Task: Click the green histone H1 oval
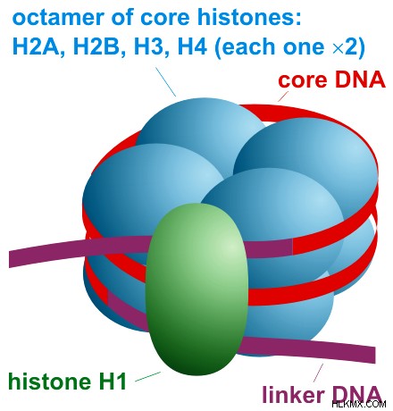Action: [x=196, y=289]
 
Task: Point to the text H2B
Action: [x=96, y=46]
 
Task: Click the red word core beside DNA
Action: [x=302, y=80]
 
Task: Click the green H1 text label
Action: [x=112, y=381]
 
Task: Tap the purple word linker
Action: [x=293, y=395]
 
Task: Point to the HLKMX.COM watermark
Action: [x=359, y=404]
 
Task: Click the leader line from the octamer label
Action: [x=166, y=82]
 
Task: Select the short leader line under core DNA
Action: [x=283, y=96]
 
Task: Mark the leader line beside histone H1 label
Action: [x=148, y=376]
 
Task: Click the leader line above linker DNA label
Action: [x=318, y=373]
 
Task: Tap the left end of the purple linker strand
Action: [x=10, y=260]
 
